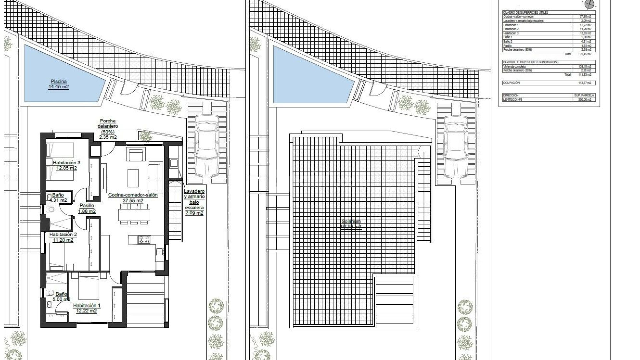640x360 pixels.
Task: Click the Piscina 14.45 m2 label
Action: pos(59,84)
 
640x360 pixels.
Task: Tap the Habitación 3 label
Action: pos(66,163)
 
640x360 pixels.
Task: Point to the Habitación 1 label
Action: pos(86,305)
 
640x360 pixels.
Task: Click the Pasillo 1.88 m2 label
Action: pos(87,208)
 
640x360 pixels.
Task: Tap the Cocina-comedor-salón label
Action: pos(133,195)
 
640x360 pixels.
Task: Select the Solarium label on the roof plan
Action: pos(351,222)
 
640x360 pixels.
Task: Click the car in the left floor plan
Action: pos(207,146)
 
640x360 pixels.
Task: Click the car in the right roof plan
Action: pos(456,147)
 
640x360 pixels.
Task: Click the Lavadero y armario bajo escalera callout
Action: pos(194,202)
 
